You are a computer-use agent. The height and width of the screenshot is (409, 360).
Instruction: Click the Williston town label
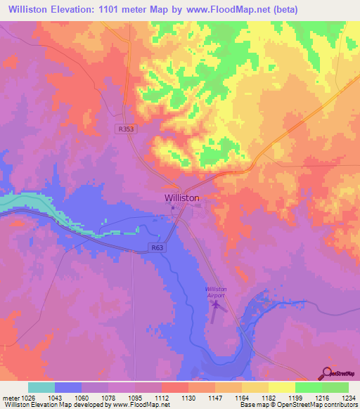[x=181, y=198]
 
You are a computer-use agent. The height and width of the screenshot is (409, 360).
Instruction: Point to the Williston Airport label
[x=216, y=292]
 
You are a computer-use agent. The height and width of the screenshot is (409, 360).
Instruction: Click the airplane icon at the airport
[x=217, y=306]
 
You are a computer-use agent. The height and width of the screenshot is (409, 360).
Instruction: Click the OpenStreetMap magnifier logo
[x=328, y=372]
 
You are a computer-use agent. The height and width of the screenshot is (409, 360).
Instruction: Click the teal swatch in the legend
[x=41, y=387]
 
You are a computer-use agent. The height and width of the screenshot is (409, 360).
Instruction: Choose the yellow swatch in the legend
[x=281, y=387]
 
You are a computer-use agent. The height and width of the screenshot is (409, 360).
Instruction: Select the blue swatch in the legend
[x=68, y=387]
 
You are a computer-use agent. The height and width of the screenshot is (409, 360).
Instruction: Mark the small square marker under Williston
[x=172, y=207]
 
